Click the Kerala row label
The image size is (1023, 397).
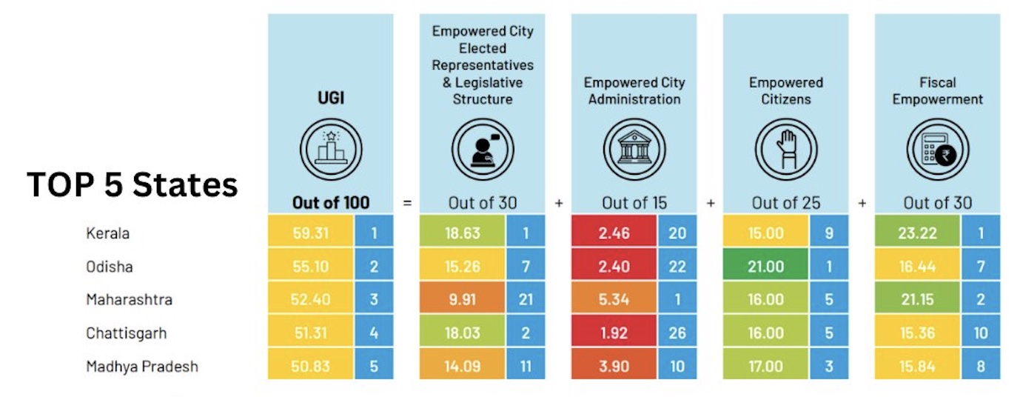108,233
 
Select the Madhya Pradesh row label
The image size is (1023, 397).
142,366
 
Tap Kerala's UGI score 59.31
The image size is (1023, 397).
310,233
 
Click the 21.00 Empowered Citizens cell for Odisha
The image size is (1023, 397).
765,267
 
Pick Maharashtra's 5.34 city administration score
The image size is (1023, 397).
614,300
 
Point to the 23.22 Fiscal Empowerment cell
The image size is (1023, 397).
917,233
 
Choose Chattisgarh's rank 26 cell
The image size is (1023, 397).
677,333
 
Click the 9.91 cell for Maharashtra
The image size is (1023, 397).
462,300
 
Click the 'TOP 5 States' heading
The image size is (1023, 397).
133,184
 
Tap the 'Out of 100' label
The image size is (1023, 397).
331,202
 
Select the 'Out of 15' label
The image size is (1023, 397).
634,202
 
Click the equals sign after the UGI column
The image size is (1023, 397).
407,202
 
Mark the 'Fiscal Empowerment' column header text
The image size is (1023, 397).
938,90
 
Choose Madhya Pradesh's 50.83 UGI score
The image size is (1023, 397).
310,366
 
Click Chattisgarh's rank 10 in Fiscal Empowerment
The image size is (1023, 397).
981,333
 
